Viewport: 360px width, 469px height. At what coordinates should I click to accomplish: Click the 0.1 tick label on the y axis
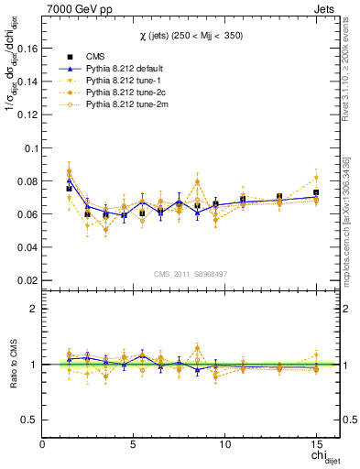tap(30, 147)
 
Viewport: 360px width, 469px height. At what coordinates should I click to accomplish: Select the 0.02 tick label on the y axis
tap(27, 280)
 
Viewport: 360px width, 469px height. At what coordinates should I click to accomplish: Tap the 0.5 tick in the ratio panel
tap(30, 420)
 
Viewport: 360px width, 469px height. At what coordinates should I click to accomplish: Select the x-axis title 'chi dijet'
tap(318, 457)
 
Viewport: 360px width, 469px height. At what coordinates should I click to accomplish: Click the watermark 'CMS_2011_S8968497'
tap(191, 273)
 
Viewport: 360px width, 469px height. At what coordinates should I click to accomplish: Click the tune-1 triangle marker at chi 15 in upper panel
tap(316, 178)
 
